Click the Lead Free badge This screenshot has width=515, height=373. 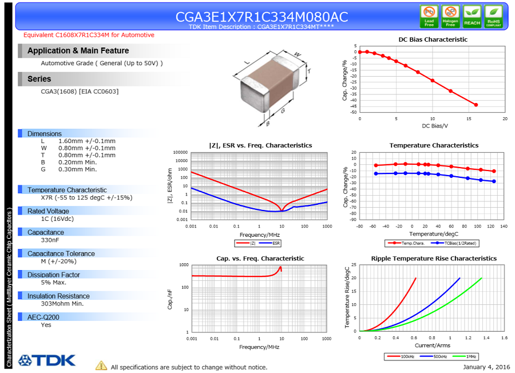click(429, 16)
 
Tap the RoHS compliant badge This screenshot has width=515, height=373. click(493, 16)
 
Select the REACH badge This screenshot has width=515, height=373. click(472, 16)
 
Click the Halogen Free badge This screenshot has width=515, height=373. click(450, 16)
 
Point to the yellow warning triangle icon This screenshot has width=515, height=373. click(101, 366)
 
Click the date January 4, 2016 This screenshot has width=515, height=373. click(486, 367)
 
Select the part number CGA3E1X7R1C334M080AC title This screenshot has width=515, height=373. click(262, 17)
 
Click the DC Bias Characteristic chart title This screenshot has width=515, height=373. click(433, 39)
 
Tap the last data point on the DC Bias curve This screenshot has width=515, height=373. click(476, 105)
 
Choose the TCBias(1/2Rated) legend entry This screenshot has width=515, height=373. click(453, 243)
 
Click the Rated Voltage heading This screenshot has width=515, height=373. click(48, 211)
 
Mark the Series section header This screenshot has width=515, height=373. click(39, 79)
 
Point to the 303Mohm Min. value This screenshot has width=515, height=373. click(62, 304)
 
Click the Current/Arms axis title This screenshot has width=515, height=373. click(433, 346)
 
